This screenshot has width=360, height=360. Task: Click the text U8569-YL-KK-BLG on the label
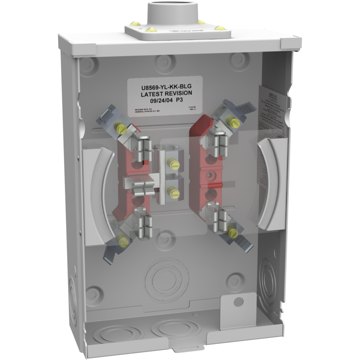[165, 86]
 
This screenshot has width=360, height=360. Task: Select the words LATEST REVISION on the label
[165, 94]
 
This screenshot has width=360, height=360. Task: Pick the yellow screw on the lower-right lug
[232, 233]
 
